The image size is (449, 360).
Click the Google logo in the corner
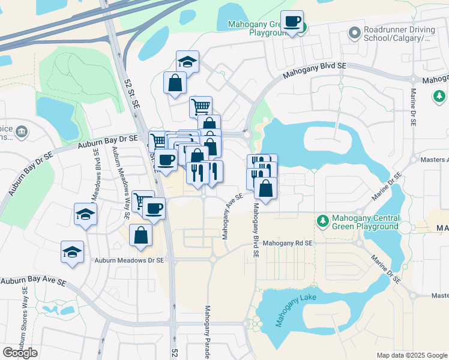[20, 352]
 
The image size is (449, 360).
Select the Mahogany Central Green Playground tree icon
[322, 221]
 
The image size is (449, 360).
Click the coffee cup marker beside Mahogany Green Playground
[292, 22]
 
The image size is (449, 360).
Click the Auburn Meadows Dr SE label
[130, 260]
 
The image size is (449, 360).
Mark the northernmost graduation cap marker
[187, 61]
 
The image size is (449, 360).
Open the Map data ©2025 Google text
[411, 355]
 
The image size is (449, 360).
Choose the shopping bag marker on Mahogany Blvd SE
[265, 188]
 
